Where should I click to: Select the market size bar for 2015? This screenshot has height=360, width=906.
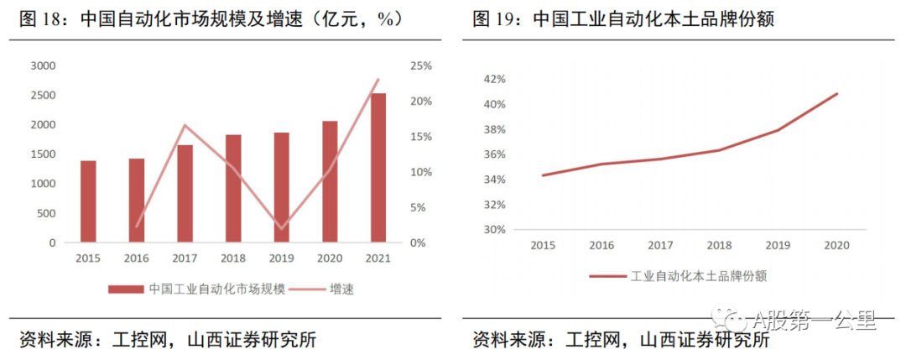point(88,201)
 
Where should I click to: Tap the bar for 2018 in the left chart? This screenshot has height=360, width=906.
point(233,189)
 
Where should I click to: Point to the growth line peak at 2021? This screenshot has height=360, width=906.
point(378,80)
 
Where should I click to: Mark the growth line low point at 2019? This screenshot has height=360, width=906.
point(282,228)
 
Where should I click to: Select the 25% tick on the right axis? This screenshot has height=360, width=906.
point(421,65)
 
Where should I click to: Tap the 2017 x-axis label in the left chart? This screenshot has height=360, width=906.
point(185,258)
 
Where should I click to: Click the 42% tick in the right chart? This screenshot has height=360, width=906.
point(494,79)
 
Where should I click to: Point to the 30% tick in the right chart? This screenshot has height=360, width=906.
point(494,229)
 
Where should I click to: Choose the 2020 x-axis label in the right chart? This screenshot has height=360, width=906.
point(836,245)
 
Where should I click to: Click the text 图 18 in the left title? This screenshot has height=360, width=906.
point(43,18)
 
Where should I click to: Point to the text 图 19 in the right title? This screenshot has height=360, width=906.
point(496,18)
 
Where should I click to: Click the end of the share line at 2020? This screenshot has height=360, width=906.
point(837,93)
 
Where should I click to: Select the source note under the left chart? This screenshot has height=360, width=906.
point(168,340)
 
